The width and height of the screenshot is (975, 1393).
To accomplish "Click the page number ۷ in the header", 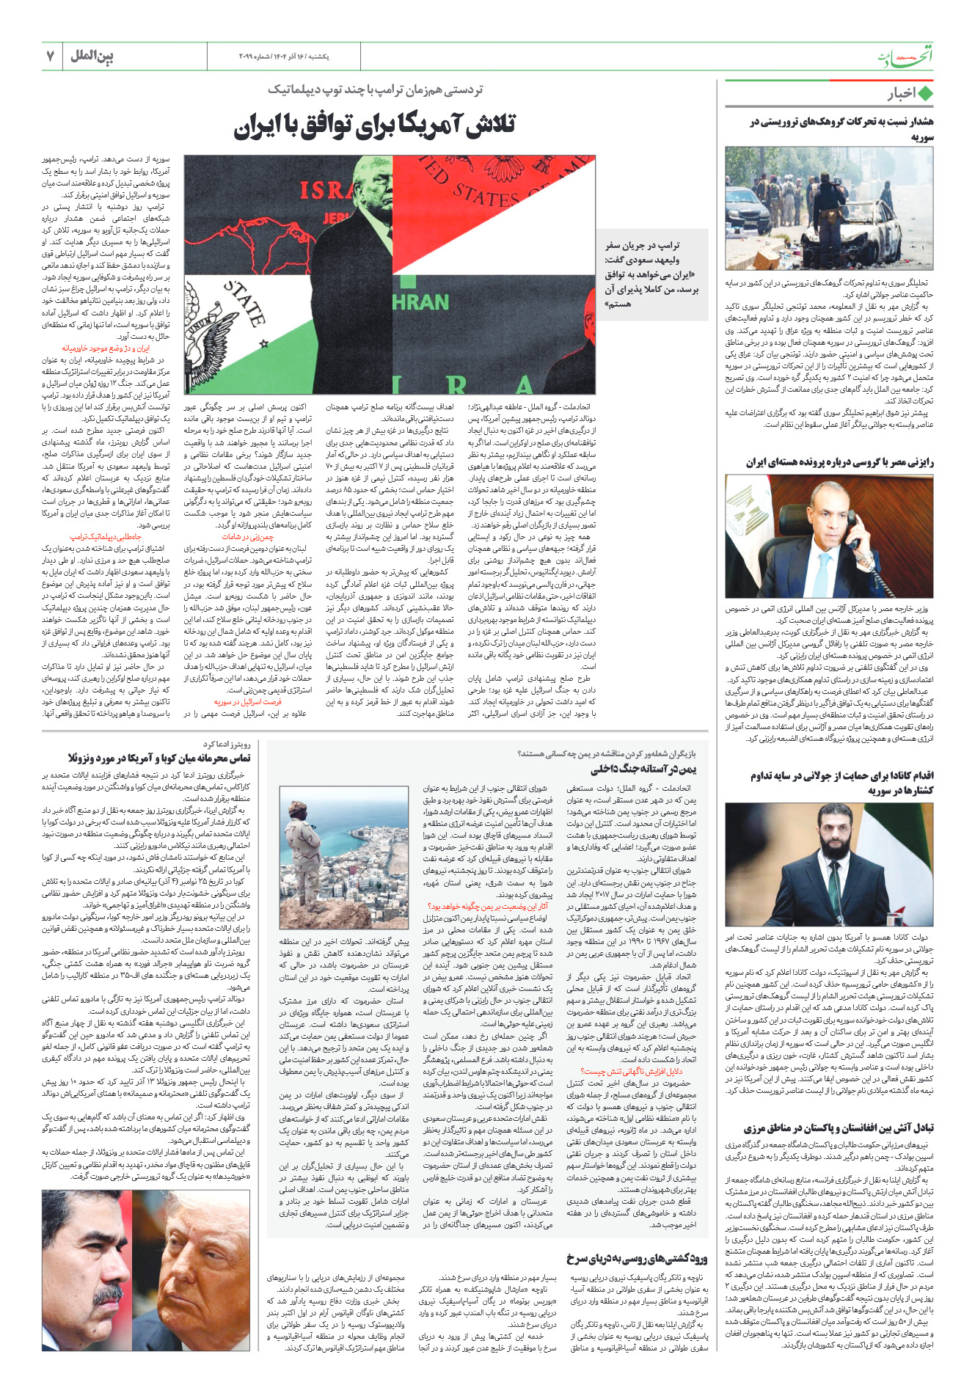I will [x=51, y=56].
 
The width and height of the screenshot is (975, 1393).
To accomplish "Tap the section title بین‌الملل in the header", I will [x=92, y=56].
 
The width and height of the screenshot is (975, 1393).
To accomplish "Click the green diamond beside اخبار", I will [x=925, y=94].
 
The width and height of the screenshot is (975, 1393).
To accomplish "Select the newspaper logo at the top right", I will [x=906, y=56].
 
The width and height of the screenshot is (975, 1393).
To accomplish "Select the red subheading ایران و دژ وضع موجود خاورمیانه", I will [x=116, y=349].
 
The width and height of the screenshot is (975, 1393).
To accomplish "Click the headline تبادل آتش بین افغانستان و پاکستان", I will [x=838, y=1128].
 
